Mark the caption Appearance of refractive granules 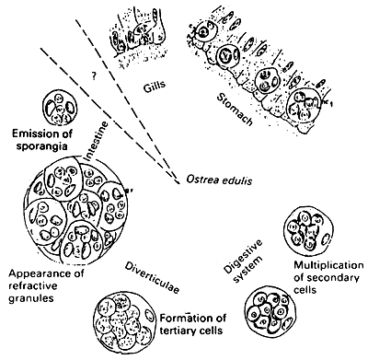tap(46, 285)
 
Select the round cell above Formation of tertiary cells tap(129, 318)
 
